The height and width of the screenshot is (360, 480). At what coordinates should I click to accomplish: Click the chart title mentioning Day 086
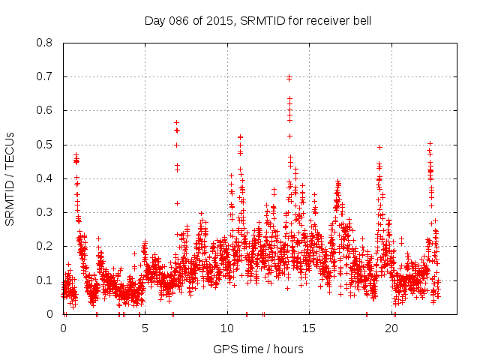(x=258, y=21)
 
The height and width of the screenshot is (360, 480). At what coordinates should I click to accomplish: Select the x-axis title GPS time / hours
(x=258, y=349)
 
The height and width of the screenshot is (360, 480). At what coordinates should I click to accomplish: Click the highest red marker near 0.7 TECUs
(x=289, y=77)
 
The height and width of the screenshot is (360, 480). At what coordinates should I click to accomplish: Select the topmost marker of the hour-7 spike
(x=177, y=122)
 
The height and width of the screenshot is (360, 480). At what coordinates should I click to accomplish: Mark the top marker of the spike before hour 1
(x=76, y=155)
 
